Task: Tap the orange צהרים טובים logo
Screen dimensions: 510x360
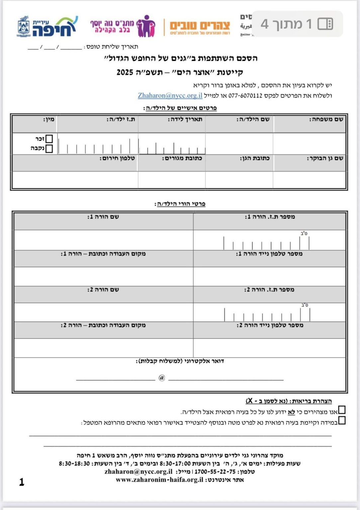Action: (200, 27)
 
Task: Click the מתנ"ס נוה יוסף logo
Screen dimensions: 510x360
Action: (123, 26)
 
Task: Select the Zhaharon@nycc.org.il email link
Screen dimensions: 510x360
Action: (170, 96)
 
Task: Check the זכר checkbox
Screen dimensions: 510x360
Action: (49, 138)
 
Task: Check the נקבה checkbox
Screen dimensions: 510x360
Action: (49, 148)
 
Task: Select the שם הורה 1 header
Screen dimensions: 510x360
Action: (103, 217)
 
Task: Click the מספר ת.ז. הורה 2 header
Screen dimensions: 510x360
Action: (269, 290)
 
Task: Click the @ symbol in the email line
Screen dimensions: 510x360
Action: (162, 378)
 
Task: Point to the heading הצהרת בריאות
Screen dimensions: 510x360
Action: (289, 401)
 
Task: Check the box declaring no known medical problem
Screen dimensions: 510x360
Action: (342, 410)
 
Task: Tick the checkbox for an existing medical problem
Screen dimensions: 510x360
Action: (342, 420)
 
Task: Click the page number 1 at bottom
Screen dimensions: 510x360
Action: (22, 482)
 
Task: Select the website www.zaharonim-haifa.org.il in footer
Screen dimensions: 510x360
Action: (159, 480)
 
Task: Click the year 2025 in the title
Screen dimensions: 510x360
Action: (125, 72)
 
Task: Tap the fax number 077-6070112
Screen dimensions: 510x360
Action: (245, 96)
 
